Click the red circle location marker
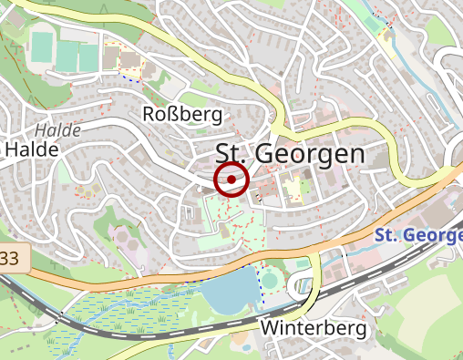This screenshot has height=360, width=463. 231,180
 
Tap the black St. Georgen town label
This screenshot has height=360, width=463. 290,154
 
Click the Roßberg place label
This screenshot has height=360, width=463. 183,114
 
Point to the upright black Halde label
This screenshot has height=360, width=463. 33,149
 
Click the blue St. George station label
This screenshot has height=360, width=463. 418,236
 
